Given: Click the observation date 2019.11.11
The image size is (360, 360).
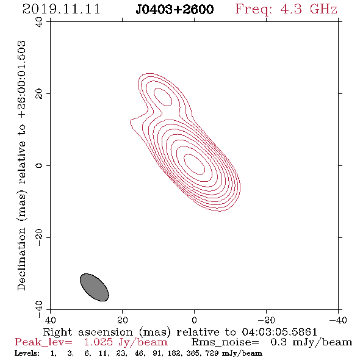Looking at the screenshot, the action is (61, 9).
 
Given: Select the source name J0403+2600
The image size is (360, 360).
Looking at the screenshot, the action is (175, 10).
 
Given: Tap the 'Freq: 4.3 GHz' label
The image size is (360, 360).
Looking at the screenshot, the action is (286, 9).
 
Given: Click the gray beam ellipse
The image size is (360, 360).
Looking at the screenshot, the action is (95, 287).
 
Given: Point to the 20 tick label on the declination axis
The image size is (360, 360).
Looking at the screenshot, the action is (39, 94).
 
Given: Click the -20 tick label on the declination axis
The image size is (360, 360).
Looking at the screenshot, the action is (39, 237).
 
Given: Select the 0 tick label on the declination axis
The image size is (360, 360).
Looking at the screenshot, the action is (39, 165).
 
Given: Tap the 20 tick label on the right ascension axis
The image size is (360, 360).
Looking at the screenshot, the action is (123, 320).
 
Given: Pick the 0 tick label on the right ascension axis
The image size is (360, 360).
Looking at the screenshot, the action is (194, 320).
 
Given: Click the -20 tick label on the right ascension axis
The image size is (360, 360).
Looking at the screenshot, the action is (266, 320).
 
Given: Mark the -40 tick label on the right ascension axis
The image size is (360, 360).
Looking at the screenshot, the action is (338, 320).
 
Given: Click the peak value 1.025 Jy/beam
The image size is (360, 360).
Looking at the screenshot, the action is (126, 342).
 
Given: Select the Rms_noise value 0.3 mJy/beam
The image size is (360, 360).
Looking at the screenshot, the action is (311, 342).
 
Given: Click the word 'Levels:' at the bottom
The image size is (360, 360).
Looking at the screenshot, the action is (27, 353).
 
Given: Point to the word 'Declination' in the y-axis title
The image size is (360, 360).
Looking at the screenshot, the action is (21, 259).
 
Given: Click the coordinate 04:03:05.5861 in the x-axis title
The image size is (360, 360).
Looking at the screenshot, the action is (279, 332).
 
